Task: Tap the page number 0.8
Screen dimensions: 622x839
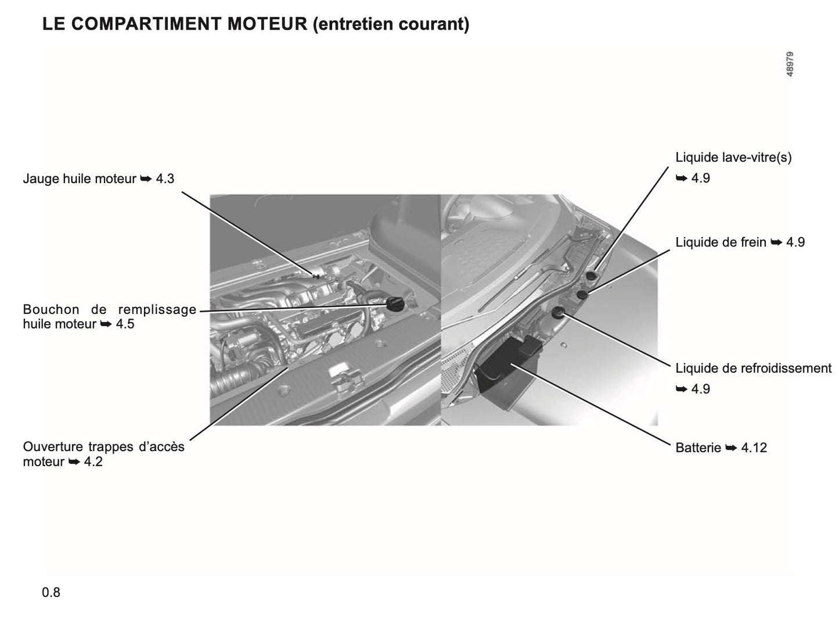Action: click(x=51, y=592)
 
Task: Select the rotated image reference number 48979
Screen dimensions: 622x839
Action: click(x=790, y=64)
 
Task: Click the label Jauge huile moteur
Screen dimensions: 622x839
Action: click(x=80, y=178)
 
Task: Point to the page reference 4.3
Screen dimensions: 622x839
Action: click(x=165, y=178)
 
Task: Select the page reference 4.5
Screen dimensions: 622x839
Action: click(x=125, y=324)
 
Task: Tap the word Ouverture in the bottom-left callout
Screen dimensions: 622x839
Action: click(x=52, y=446)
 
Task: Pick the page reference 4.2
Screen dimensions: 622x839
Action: click(x=93, y=462)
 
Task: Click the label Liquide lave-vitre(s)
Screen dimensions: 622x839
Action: click(x=733, y=157)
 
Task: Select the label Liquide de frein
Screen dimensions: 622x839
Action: click(x=721, y=242)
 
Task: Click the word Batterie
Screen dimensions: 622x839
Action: click(x=698, y=448)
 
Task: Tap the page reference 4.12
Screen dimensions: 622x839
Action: click(x=754, y=448)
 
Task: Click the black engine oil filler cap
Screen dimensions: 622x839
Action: click(x=395, y=304)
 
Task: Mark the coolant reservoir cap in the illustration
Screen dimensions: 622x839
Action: click(x=559, y=313)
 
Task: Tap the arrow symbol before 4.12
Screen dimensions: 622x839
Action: click(x=731, y=448)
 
